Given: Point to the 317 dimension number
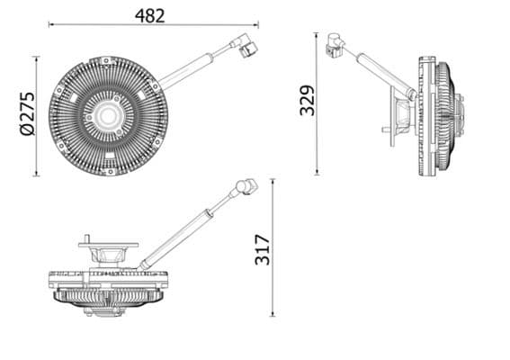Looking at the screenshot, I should [262, 247].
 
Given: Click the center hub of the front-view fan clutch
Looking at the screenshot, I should [108, 115].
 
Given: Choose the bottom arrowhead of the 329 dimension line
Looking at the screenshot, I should [318, 173].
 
